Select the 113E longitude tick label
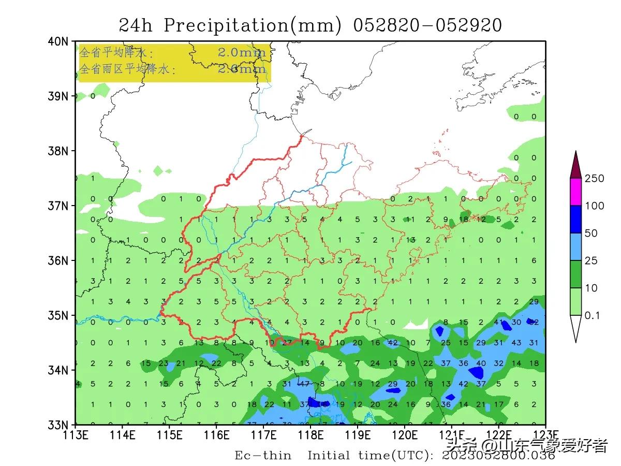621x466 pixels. tap(76, 434)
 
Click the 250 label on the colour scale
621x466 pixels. tap(594, 179)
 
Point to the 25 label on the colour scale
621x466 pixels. tap(591, 261)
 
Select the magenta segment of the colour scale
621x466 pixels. tap(576, 192)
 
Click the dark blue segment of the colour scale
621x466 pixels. tap(576, 220)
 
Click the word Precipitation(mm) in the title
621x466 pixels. tap(253, 25)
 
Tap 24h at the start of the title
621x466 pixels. tap(136, 25)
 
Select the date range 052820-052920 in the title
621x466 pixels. tap(427, 25)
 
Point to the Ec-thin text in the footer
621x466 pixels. tap(263, 456)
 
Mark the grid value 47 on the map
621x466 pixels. tap(304, 384)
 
